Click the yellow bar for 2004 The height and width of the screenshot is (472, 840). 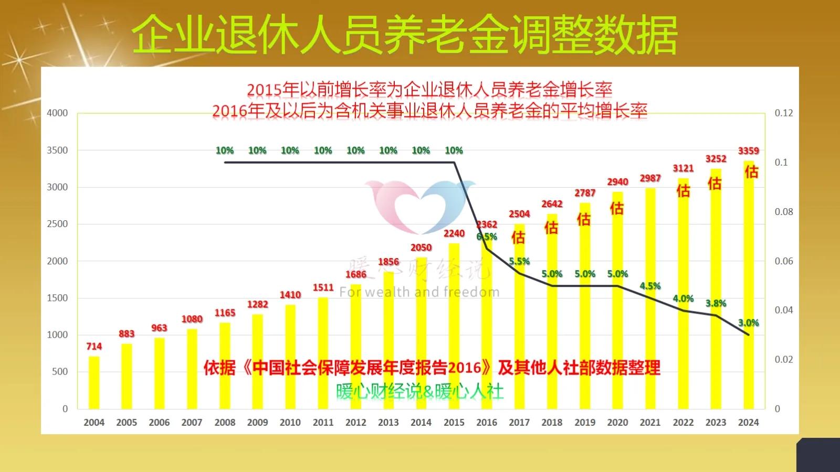click(x=94, y=383)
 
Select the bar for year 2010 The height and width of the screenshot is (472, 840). click(x=290, y=357)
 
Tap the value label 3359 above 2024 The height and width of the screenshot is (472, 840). click(x=748, y=151)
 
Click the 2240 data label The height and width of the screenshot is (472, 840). click(x=454, y=234)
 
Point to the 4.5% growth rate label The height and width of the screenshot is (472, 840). click(x=650, y=286)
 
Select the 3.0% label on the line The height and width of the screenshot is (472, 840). click(x=748, y=323)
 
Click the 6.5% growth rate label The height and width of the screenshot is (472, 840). click(x=487, y=237)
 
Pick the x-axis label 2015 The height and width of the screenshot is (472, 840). click(x=454, y=423)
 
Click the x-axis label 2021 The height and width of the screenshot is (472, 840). click(x=650, y=423)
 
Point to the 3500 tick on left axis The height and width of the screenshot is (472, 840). click(x=57, y=151)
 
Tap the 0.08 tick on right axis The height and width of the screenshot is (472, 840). click(x=784, y=212)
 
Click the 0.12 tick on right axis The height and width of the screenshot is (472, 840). click(x=784, y=113)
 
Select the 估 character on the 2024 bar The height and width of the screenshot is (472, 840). click(x=751, y=172)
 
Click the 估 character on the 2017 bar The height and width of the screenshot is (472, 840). click(x=518, y=238)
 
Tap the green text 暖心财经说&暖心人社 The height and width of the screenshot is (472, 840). click(x=419, y=392)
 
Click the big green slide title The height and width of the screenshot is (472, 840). click(x=404, y=35)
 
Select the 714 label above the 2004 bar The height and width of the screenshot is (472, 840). click(x=94, y=347)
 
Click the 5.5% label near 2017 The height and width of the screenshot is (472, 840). click(x=519, y=262)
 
